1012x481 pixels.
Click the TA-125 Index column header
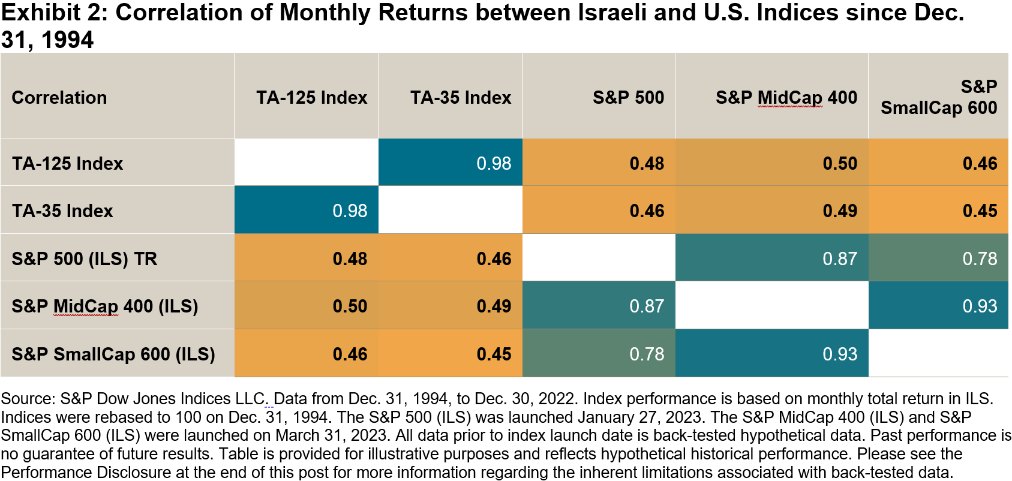pyautogui.click(x=311, y=98)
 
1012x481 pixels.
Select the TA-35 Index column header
pyautogui.click(x=460, y=98)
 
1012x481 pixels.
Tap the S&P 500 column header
pyautogui.click(x=628, y=98)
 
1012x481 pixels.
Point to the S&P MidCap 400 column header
pyautogui.click(x=786, y=98)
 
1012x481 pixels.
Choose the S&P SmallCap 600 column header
pyautogui.click(x=939, y=97)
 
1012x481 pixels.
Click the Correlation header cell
pyautogui.click(x=59, y=98)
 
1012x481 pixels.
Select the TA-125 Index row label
pyautogui.click(x=67, y=163)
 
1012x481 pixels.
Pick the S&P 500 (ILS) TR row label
pyautogui.click(x=84, y=258)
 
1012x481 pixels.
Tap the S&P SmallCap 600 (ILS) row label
pyautogui.click(x=113, y=354)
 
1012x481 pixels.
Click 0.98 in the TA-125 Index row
pyautogui.click(x=494, y=163)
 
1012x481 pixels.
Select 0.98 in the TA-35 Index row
pyautogui.click(x=350, y=211)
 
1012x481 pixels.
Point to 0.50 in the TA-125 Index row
pyautogui.click(x=840, y=163)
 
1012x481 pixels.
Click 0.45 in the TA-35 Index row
pyautogui.click(x=980, y=211)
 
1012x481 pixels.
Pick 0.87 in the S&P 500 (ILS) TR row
pyautogui.click(x=840, y=258)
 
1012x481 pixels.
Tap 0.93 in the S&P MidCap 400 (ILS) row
pyautogui.click(x=980, y=306)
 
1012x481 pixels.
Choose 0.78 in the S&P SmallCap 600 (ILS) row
pyautogui.click(x=647, y=354)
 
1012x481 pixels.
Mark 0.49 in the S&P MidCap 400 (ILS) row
pyautogui.click(x=494, y=306)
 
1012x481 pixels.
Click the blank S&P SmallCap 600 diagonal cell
pyautogui.click(x=938, y=353)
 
